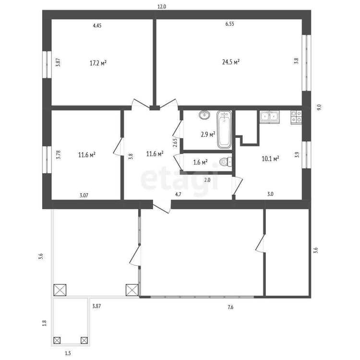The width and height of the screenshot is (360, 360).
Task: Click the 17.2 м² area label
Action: [98, 63]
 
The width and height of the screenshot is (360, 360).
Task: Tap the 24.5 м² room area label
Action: [231, 62]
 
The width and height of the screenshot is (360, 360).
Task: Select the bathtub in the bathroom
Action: [224, 130]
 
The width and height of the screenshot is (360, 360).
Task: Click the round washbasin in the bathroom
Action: [204, 115]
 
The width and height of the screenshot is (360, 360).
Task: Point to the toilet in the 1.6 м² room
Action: [226, 162]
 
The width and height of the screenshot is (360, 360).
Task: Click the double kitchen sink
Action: [270, 117]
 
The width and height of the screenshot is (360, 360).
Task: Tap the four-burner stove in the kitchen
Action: [297, 117]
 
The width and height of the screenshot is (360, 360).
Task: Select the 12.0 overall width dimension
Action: [162, 7]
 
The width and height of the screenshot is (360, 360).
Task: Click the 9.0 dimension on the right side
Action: [319, 107]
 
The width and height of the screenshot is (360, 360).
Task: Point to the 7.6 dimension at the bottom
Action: [230, 307]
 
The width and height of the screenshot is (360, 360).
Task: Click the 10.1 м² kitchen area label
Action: [270, 159]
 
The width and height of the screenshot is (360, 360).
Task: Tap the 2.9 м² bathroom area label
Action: [208, 134]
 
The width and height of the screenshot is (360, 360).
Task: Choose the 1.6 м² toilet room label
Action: [201, 162]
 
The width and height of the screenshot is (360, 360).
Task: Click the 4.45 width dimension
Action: [97, 25]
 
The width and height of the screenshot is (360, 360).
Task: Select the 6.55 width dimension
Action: [229, 24]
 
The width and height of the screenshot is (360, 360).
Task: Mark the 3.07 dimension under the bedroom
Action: [84, 196]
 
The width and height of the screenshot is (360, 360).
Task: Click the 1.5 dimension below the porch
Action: [68, 353]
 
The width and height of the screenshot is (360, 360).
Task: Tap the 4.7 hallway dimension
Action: [178, 194]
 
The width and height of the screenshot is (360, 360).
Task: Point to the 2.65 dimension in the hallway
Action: [175, 143]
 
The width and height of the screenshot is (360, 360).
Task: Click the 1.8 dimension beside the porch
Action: [45, 323]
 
